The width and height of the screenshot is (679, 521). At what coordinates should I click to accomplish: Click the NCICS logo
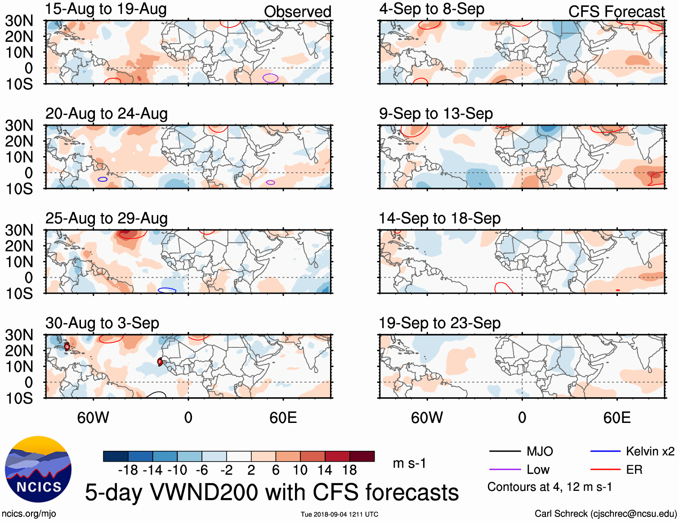click(x=38, y=469)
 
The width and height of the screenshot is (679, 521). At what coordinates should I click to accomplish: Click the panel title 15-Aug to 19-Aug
click(x=106, y=9)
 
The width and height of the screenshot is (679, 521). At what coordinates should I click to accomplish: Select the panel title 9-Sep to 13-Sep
click(x=436, y=113)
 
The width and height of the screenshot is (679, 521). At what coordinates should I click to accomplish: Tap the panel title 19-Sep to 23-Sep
click(x=439, y=323)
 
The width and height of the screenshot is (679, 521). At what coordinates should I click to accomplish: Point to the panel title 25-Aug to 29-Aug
click(x=107, y=218)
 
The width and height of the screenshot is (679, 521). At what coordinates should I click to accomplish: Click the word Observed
click(x=297, y=12)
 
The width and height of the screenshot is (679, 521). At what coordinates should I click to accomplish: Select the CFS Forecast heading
click(x=616, y=12)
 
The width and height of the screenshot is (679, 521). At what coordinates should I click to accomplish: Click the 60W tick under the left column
click(x=93, y=418)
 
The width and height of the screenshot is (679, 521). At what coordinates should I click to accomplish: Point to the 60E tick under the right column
click(x=616, y=418)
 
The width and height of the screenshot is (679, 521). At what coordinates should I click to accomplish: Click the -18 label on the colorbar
click(x=128, y=470)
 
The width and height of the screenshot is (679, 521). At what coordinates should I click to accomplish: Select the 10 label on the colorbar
click(x=300, y=470)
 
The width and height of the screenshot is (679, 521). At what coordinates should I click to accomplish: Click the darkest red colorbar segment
click(x=362, y=456)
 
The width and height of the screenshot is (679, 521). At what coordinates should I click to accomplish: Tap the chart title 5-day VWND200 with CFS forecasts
click(x=272, y=492)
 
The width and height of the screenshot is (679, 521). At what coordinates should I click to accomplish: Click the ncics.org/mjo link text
click(x=29, y=514)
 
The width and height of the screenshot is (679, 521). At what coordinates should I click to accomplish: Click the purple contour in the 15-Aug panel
click(x=270, y=78)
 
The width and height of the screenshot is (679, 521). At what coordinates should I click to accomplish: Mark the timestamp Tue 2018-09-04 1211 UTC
click(x=339, y=514)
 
